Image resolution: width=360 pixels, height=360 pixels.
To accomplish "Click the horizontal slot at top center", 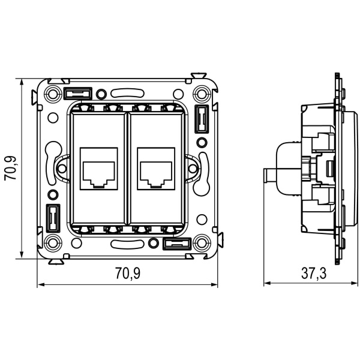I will point(127,94).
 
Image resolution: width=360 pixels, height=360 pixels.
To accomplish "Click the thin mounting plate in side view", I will point(340,168).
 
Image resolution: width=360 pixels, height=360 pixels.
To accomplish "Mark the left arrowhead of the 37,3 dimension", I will point(268,284).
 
